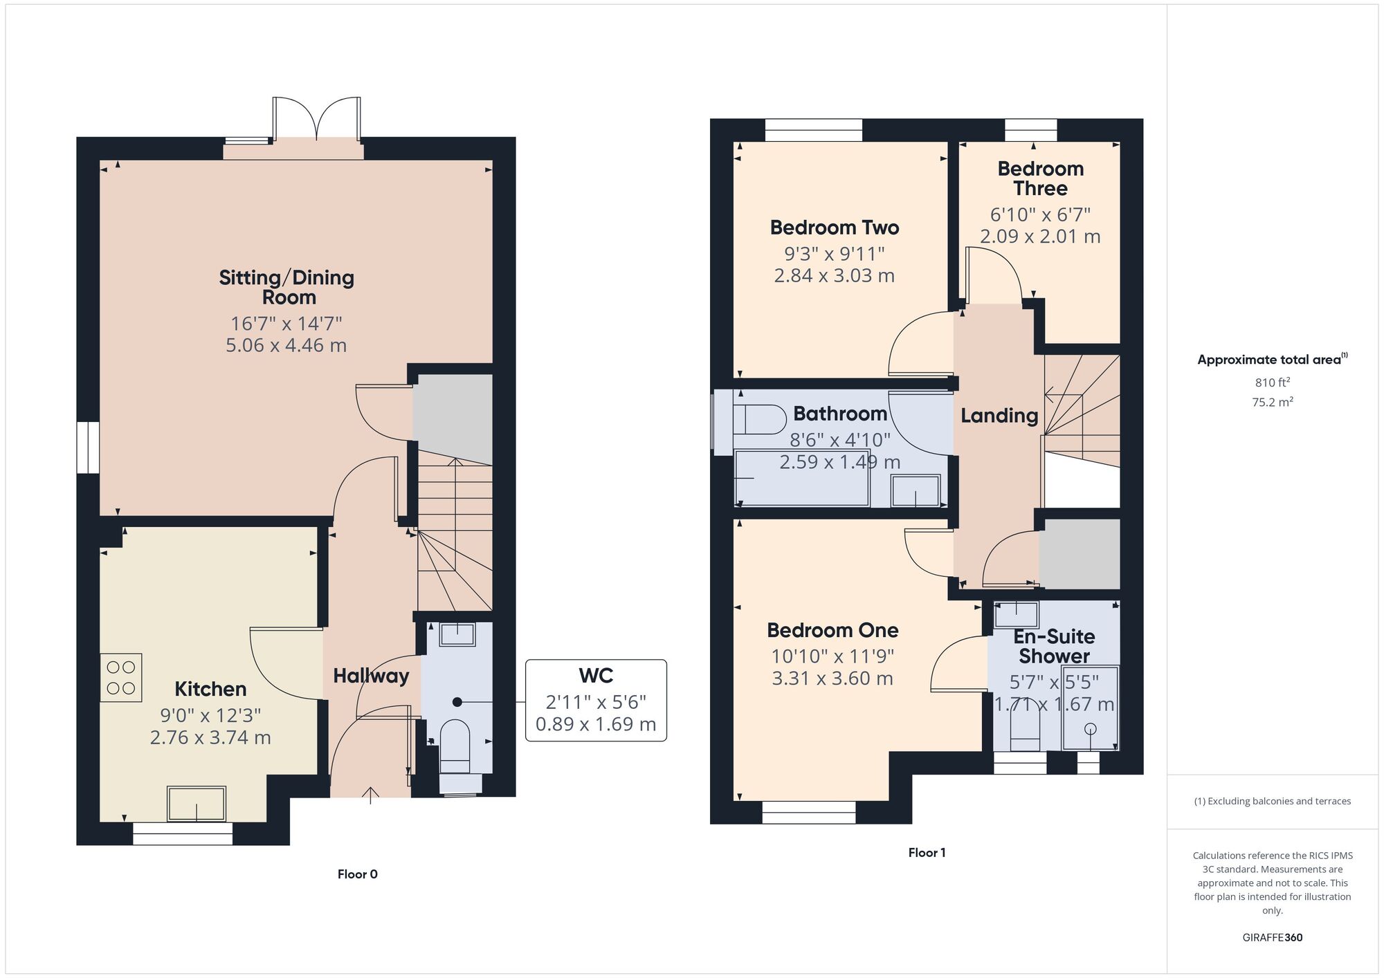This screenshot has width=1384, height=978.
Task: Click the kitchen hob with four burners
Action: pyautogui.click(x=121, y=678)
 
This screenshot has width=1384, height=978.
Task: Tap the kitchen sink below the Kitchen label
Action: pyautogui.click(x=197, y=804)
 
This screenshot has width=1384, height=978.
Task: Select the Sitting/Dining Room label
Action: pyautogui.click(x=286, y=287)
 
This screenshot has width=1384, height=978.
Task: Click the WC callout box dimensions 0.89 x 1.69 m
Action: pyautogui.click(x=596, y=724)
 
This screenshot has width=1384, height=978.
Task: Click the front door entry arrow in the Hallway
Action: pyautogui.click(x=371, y=795)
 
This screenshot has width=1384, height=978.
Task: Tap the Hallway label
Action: pyautogui.click(x=371, y=676)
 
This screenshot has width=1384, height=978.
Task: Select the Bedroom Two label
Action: pyautogui.click(x=834, y=228)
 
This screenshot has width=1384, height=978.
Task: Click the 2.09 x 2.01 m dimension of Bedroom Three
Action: pyautogui.click(x=1039, y=237)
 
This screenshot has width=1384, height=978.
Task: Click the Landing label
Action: pyautogui.click(x=999, y=415)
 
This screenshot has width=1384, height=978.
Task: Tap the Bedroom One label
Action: pyautogui.click(x=832, y=630)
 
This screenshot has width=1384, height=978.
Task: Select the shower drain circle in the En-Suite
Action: pyautogui.click(x=1091, y=728)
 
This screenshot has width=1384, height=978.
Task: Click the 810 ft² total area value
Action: pyautogui.click(x=1272, y=382)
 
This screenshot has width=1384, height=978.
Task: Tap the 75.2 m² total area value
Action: pyautogui.click(x=1272, y=402)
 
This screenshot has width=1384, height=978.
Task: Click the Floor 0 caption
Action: pyautogui.click(x=357, y=874)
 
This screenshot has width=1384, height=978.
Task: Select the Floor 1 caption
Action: pyautogui.click(x=927, y=853)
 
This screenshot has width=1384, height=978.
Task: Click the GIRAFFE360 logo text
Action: pyautogui.click(x=1272, y=938)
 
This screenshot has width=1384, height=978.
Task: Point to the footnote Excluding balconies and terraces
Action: pyautogui.click(x=1272, y=801)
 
